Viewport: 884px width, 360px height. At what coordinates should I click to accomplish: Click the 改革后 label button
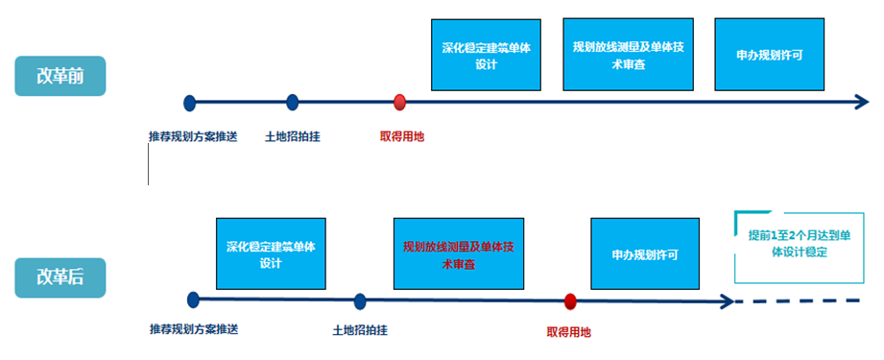[x=59, y=277]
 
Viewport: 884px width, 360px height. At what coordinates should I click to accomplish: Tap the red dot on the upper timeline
[x=400, y=102]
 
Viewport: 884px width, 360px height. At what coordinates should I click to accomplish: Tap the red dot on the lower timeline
[x=570, y=301]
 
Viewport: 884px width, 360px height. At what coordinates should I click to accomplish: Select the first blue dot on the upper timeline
[x=190, y=102]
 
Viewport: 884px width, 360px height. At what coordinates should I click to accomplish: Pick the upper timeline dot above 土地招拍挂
[x=293, y=102]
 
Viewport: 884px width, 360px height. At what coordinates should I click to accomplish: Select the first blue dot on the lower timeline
[x=193, y=300]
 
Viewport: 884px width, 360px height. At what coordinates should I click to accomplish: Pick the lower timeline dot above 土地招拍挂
[x=360, y=301]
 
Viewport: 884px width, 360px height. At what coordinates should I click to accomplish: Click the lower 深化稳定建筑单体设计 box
[x=270, y=253]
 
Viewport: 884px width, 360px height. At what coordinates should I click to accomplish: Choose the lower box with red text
[x=459, y=253]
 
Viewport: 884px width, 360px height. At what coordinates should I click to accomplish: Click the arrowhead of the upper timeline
[x=861, y=102]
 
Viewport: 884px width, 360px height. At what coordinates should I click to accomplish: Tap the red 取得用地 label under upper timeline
[x=401, y=136]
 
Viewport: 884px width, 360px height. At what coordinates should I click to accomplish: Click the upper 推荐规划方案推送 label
[x=192, y=136]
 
